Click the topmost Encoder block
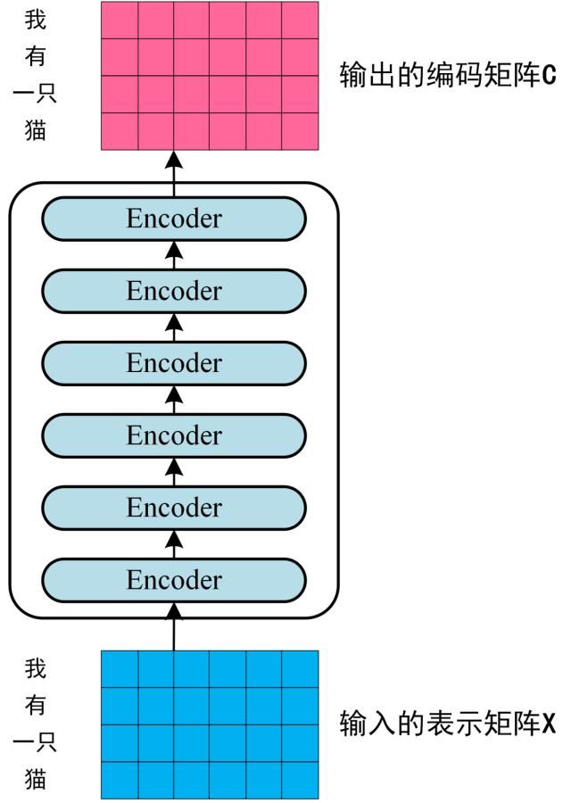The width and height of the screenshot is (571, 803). pyautogui.click(x=174, y=219)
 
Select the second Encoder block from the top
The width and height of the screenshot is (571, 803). pyautogui.click(x=174, y=291)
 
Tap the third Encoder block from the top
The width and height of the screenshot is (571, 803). pyautogui.click(x=174, y=363)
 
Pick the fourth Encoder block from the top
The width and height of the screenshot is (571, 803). pyautogui.click(x=174, y=435)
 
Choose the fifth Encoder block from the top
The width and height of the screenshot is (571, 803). pyautogui.click(x=174, y=508)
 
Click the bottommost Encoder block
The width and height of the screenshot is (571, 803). pyautogui.click(x=174, y=580)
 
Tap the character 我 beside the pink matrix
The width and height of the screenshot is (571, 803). pyautogui.click(x=36, y=21)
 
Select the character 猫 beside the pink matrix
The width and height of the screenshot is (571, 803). pyautogui.click(x=36, y=132)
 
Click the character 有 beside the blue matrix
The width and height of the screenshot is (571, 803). pyautogui.click(x=36, y=705)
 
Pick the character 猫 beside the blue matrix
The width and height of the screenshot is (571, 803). pyautogui.click(x=36, y=779)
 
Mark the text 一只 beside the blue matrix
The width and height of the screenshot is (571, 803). pyautogui.click(x=36, y=742)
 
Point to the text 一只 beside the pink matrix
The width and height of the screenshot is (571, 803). pyautogui.click(x=36, y=95)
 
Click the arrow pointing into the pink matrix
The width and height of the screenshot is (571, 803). pyautogui.click(x=174, y=166)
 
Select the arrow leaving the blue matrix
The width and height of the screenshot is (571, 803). pyautogui.click(x=174, y=628)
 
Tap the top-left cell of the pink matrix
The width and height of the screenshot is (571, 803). pyautogui.click(x=120, y=21)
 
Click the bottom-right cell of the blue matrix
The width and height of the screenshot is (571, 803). pyautogui.click(x=300, y=780)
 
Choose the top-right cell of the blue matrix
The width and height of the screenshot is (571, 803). pyautogui.click(x=300, y=669)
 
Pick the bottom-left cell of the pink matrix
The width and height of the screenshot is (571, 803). pyautogui.click(x=120, y=131)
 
